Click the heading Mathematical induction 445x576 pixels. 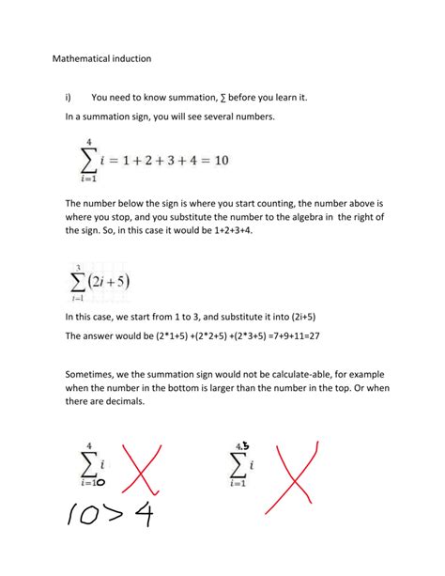[101, 58]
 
